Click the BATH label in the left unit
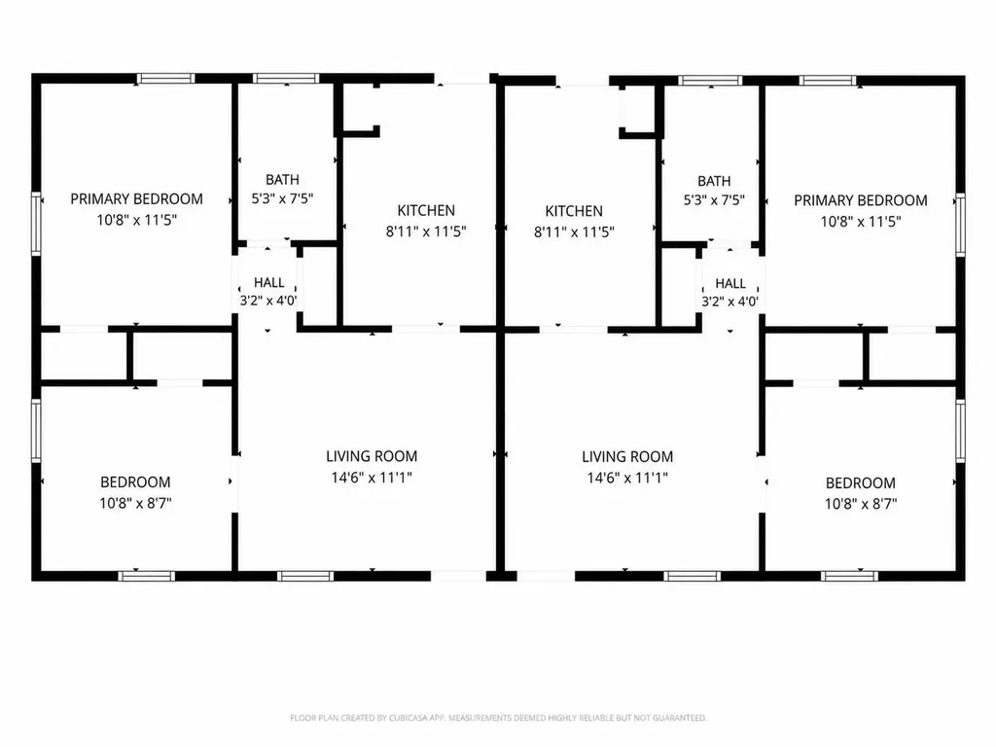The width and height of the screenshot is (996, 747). [x=282, y=180]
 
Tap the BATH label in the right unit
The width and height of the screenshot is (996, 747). [x=714, y=181]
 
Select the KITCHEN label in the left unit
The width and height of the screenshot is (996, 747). [x=426, y=210]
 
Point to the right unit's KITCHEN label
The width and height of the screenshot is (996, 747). [x=574, y=211]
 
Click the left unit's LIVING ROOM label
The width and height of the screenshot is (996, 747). [x=372, y=456]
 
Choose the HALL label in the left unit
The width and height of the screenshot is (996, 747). [x=269, y=283]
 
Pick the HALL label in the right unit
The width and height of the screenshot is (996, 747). [x=730, y=283]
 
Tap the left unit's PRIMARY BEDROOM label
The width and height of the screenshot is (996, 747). [x=136, y=198]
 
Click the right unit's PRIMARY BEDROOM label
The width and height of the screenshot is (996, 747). [x=861, y=200]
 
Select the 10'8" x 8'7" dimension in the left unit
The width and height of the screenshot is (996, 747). [x=135, y=503]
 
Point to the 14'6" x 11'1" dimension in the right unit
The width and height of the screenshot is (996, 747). [x=627, y=478]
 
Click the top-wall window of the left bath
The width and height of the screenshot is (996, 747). [x=286, y=79]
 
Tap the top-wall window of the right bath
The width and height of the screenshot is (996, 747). [x=710, y=81]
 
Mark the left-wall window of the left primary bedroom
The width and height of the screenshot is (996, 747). [x=36, y=224]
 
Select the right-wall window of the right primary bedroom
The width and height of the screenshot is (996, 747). [x=960, y=225]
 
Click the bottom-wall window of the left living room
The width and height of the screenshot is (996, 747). [x=304, y=576]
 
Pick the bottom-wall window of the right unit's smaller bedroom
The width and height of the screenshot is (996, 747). [x=849, y=576]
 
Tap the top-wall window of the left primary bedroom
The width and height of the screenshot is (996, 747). [x=165, y=79]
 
